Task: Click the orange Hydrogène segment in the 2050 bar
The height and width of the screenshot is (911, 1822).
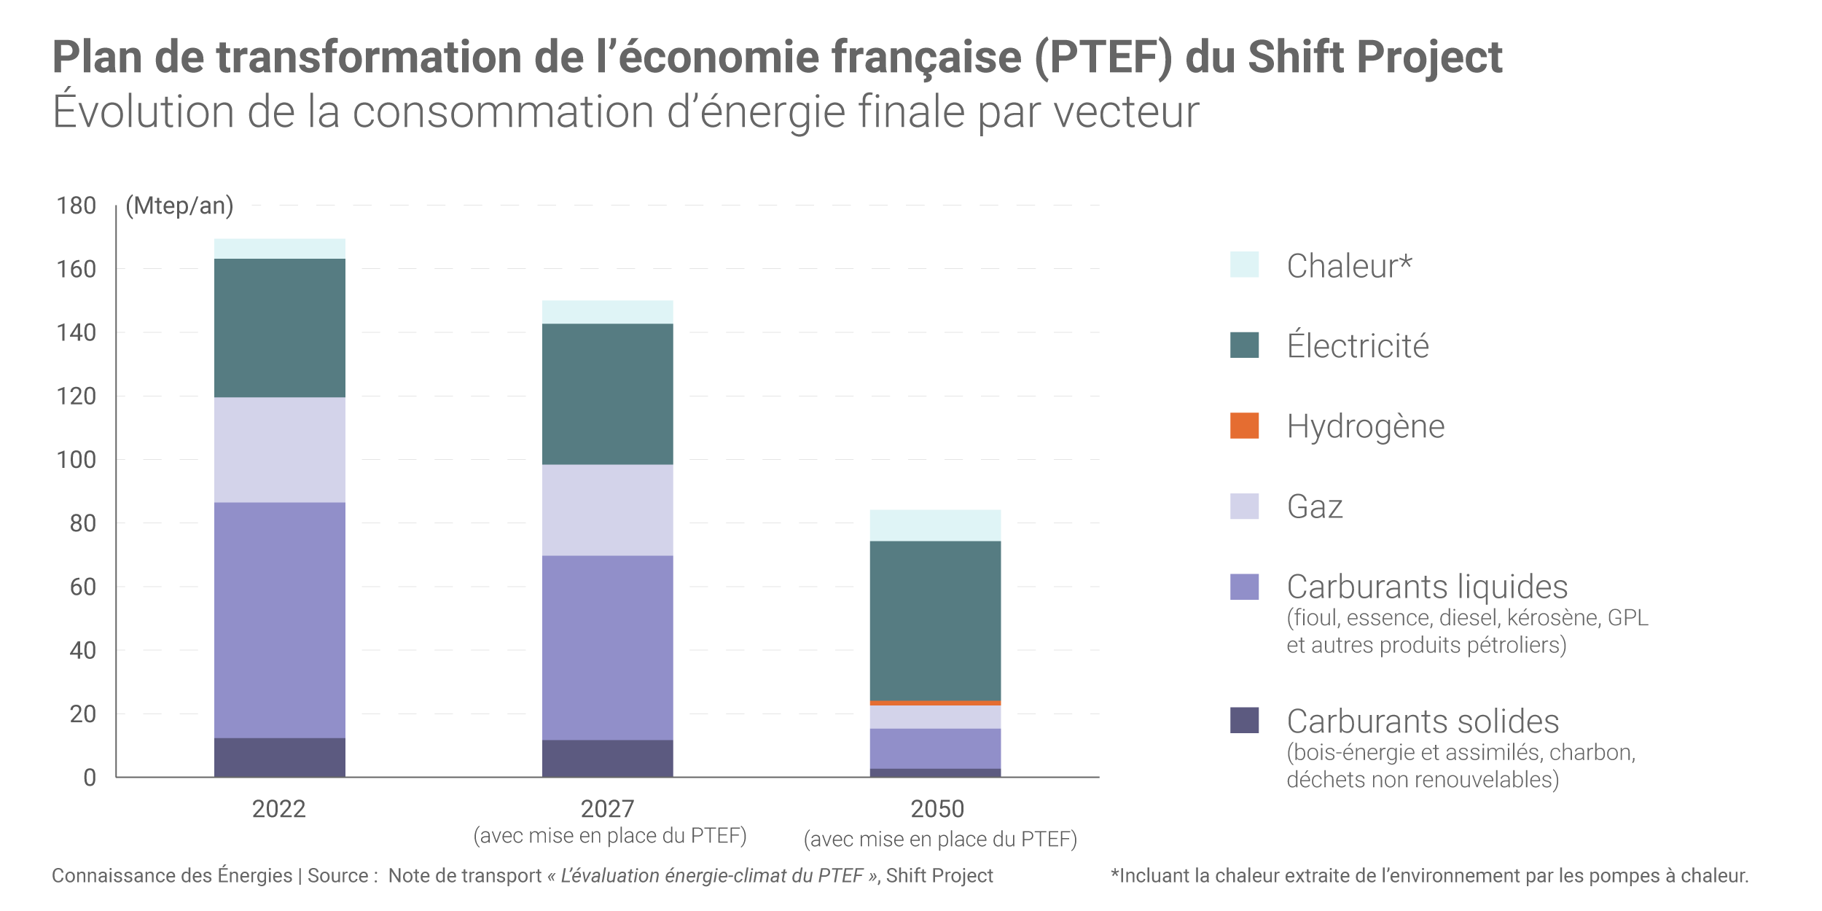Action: (x=935, y=703)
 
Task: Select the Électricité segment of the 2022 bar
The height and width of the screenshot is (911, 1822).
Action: (x=279, y=328)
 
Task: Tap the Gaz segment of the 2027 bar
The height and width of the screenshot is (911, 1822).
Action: (x=607, y=510)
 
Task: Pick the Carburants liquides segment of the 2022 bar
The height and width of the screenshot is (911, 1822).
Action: (x=279, y=620)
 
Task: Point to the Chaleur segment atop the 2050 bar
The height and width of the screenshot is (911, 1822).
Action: (x=935, y=525)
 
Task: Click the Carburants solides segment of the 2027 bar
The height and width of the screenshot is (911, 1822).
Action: (x=607, y=759)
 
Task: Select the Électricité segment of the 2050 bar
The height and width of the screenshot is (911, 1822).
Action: (x=935, y=621)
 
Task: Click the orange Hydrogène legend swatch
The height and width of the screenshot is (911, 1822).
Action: (x=1244, y=426)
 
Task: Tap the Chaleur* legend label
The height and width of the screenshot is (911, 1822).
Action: (x=1349, y=265)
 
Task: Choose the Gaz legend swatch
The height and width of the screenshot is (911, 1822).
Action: (x=1244, y=507)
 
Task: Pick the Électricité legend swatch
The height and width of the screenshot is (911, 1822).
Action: (x=1244, y=345)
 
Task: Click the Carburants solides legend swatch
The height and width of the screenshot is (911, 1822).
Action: (x=1244, y=720)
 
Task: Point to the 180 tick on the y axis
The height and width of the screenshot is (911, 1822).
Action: (x=77, y=206)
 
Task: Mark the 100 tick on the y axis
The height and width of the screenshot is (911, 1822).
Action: (x=77, y=460)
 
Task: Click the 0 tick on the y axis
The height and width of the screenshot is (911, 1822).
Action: (x=90, y=778)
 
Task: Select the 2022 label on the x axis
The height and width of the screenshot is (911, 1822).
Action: (x=278, y=809)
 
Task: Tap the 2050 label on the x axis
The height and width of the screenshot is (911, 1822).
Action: (x=937, y=809)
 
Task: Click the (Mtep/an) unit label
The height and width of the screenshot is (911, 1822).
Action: (x=179, y=206)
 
